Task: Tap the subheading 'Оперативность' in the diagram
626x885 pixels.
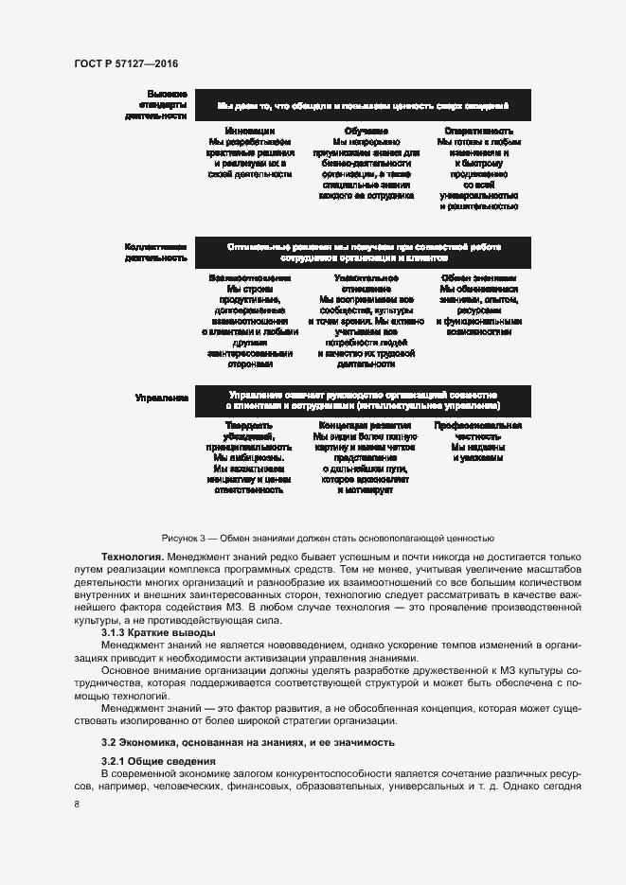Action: [x=478, y=131]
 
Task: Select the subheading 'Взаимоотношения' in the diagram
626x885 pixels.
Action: [x=250, y=278]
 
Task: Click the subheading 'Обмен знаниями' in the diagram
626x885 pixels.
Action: [x=478, y=278]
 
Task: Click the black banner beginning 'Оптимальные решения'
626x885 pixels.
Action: [x=364, y=252]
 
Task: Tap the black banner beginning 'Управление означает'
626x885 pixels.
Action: [x=364, y=399]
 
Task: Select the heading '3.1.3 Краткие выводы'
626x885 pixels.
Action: [x=157, y=631]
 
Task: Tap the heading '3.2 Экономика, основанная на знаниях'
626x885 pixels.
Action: [x=243, y=741]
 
